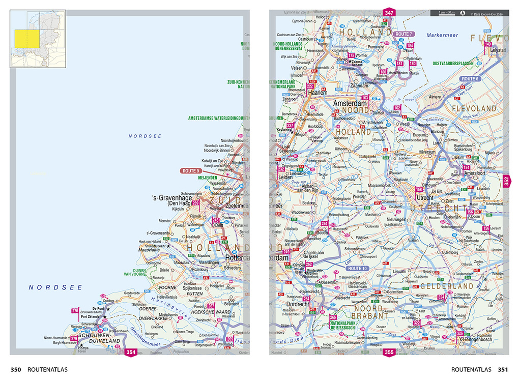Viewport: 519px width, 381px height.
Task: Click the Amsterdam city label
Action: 351,103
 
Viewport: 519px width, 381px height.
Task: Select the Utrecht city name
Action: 425,197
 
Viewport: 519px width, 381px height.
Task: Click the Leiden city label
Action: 285,177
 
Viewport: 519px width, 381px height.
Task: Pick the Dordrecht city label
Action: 291,304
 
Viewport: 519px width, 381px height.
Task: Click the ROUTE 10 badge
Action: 357,268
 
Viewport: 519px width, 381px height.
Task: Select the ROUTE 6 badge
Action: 470,79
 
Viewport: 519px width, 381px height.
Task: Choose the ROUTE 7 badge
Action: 403,34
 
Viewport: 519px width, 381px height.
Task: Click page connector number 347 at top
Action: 389,13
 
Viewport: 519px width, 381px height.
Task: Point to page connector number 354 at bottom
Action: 131,352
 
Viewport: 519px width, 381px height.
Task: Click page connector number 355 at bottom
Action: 389,352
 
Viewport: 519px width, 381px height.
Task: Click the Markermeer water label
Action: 442,36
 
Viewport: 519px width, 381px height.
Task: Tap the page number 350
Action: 16,370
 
